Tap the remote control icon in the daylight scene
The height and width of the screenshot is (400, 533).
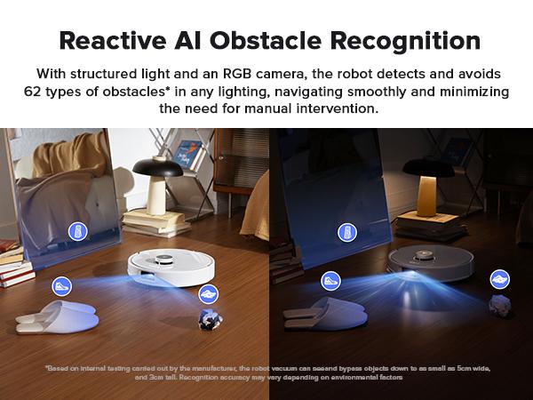coord(78,233)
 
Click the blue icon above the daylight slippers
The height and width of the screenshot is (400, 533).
coord(61,287)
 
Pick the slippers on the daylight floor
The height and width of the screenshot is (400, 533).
coord(55,316)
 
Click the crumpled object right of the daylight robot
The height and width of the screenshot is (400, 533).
coord(211,319)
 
